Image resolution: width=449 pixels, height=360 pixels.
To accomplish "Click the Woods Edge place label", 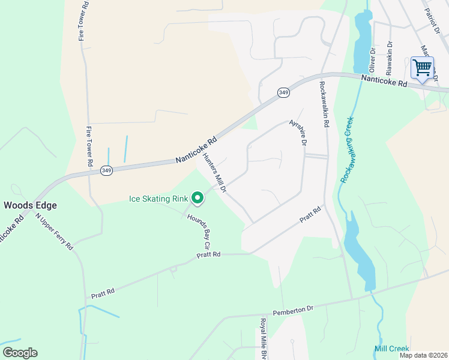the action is tap(31, 205).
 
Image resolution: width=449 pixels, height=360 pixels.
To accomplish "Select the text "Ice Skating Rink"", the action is tap(158, 199).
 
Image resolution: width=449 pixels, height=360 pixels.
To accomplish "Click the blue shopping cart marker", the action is tap(422, 67).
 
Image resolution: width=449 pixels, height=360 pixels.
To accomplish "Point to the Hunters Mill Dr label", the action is tap(214, 172).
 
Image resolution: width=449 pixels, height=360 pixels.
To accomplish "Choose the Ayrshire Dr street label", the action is tap(298, 133).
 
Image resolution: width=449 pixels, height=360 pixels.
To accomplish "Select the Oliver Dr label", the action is tap(372, 59).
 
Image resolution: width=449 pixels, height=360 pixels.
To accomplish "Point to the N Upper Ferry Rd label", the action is tap(54, 230).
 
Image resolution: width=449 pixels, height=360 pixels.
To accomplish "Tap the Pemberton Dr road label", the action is tap(293, 309).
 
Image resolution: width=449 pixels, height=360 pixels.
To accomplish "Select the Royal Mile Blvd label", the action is tap(263, 338).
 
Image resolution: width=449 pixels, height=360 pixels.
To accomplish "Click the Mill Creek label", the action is tap(391, 349).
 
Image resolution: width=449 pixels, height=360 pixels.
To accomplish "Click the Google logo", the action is tap(20, 353).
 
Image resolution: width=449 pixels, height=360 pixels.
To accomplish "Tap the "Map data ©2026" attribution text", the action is tap(424, 355).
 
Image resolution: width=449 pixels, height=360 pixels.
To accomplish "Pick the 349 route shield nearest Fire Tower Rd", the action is tap(106, 170).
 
